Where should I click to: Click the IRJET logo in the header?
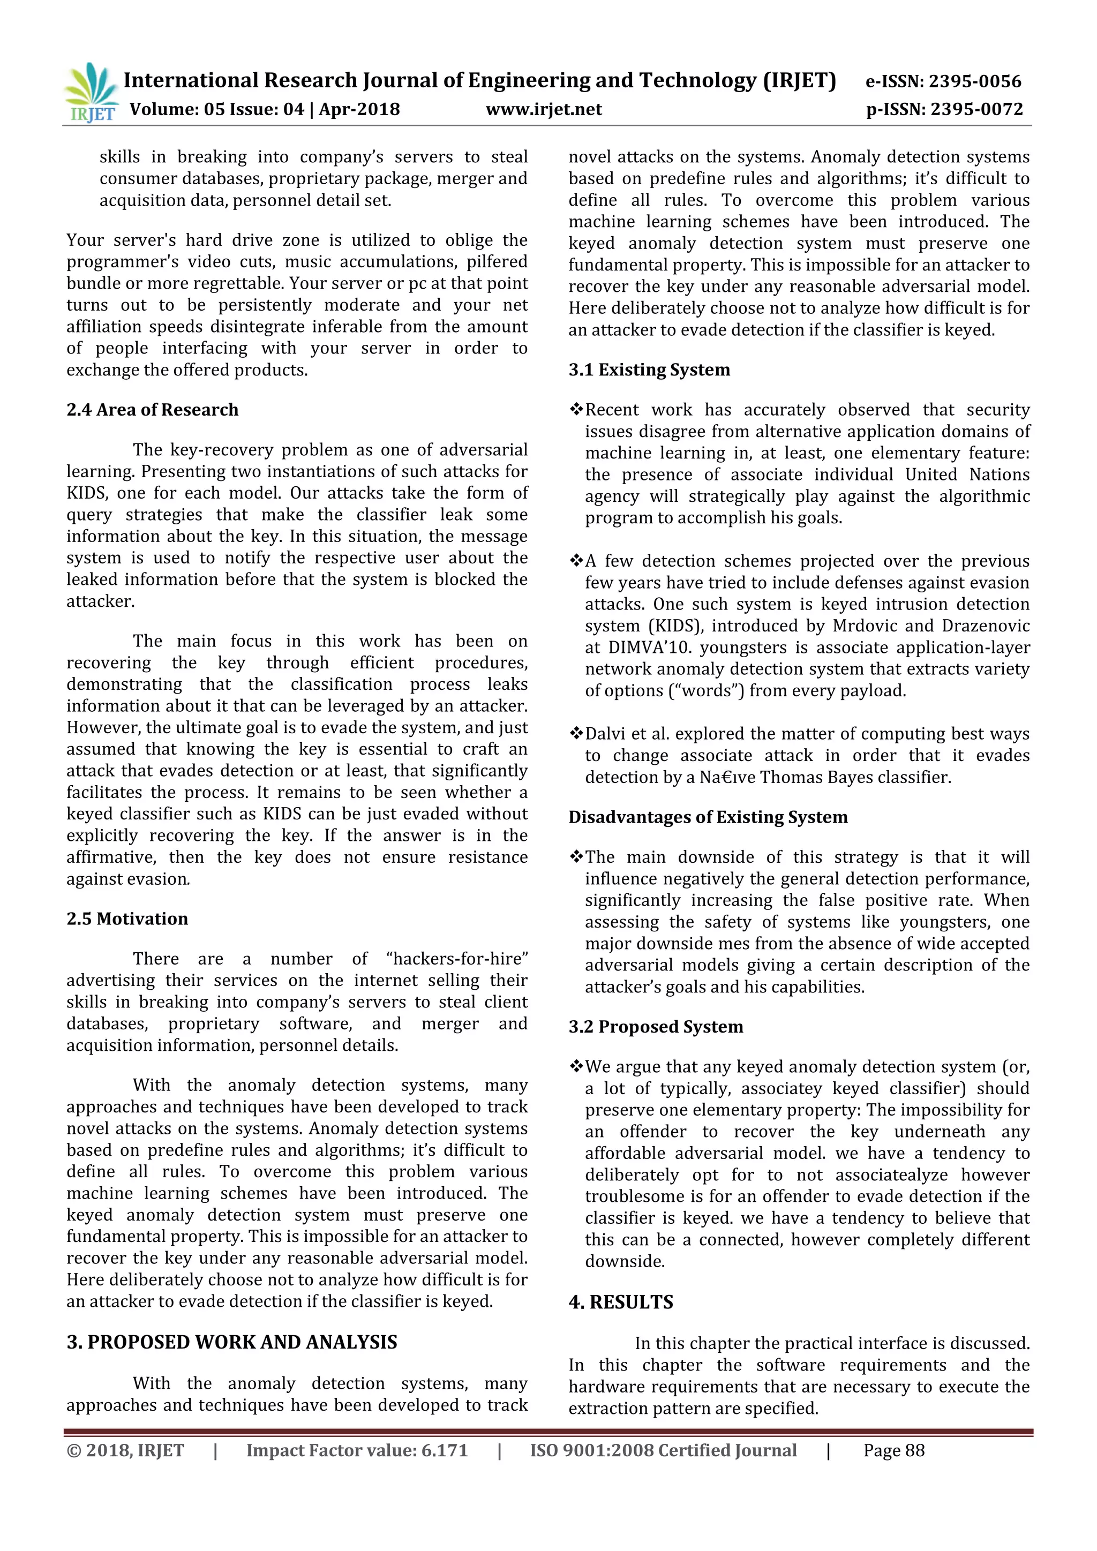coord(91,93)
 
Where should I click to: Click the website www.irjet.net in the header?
coord(544,109)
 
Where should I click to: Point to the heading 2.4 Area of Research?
coord(152,410)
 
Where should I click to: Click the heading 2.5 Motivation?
coord(127,918)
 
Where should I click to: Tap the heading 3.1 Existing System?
coord(649,370)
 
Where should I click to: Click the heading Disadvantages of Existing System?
coord(708,817)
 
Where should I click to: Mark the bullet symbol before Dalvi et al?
coord(576,734)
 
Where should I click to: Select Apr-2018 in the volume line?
coord(359,109)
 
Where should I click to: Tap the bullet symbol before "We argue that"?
coord(576,1067)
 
